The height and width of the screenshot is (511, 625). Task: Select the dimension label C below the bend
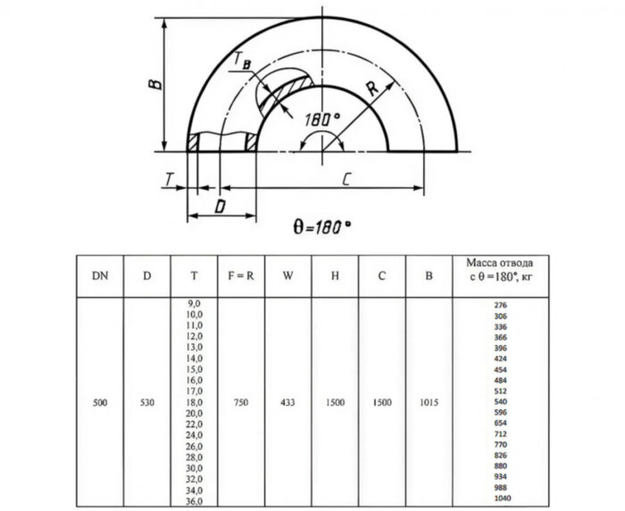[x=345, y=180]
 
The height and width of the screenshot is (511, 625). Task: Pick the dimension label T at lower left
[x=168, y=179]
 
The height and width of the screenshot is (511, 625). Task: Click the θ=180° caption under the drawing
[x=321, y=227]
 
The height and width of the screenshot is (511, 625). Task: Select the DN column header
[x=100, y=276]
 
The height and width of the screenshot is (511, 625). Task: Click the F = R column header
[x=241, y=276]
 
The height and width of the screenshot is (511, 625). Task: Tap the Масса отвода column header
[x=502, y=270]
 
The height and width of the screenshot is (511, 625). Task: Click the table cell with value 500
[x=100, y=402]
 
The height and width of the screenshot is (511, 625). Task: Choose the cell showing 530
[x=147, y=402]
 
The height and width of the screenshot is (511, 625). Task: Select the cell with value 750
[x=241, y=402]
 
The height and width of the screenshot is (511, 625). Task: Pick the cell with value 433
[x=287, y=402]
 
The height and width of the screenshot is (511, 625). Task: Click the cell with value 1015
[x=429, y=402]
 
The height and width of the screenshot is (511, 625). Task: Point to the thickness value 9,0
[x=194, y=305]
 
